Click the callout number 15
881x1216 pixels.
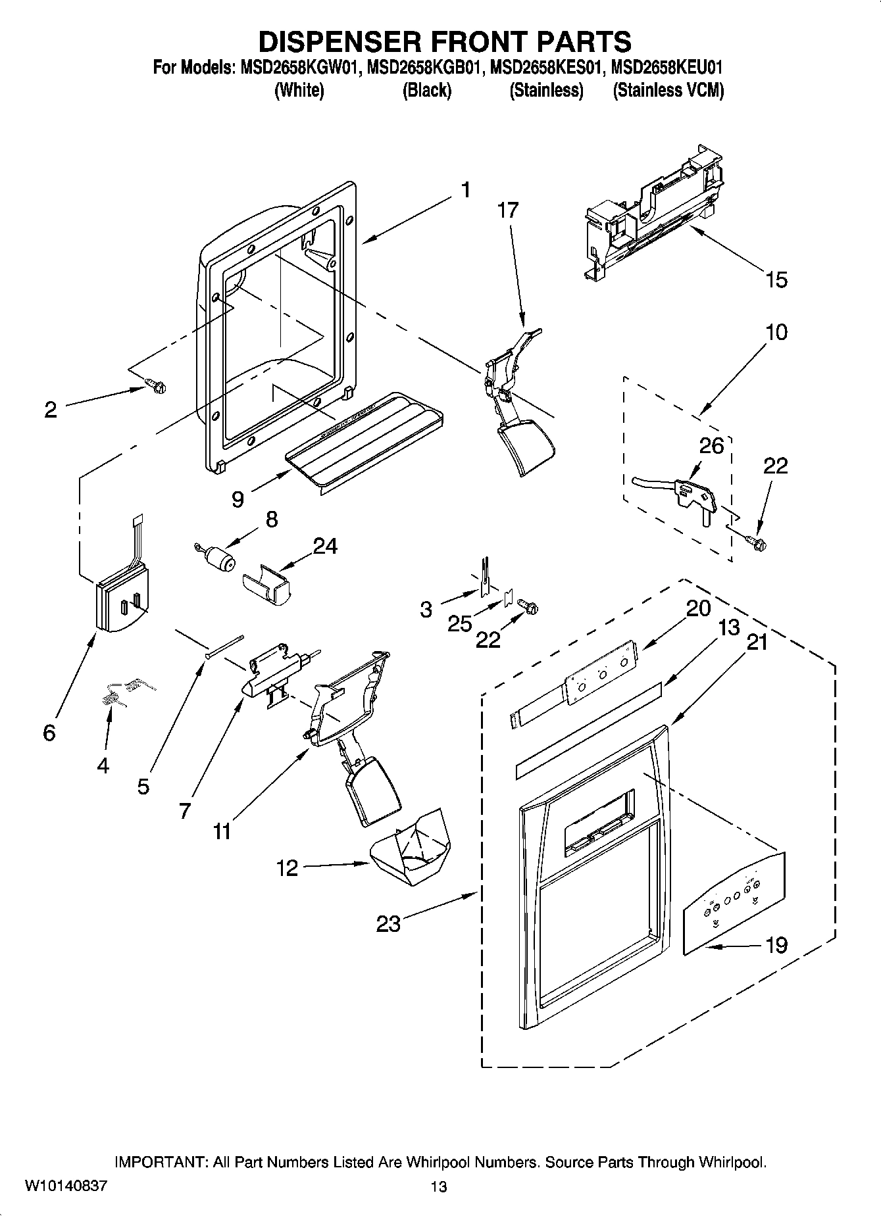[x=776, y=280]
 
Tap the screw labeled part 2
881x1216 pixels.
[x=156, y=386]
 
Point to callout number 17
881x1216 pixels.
[x=508, y=210]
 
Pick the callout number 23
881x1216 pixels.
[x=388, y=924]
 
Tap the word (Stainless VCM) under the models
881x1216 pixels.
[x=668, y=90]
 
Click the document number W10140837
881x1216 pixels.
[x=66, y=1186]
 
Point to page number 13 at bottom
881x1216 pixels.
[x=439, y=1186]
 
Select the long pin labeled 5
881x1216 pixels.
[x=224, y=646]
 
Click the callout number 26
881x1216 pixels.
[x=711, y=446]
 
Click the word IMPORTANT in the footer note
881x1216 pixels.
[x=161, y=1162]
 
